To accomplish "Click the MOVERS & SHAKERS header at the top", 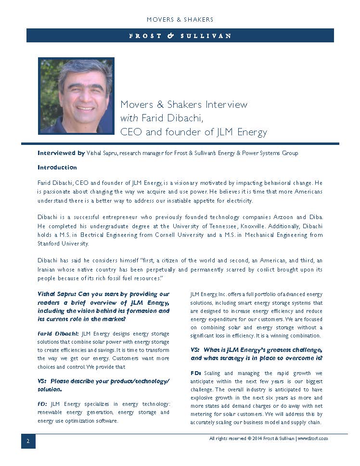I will point(180,20).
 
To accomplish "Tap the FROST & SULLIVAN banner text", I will point(180,36).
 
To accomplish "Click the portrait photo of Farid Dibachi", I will point(76,96).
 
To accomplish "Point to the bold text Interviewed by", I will point(61,153).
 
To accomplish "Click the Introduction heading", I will point(57,168).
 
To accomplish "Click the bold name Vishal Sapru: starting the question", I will point(56,294).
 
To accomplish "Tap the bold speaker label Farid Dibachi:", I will point(58,334).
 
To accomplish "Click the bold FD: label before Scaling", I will point(196,373).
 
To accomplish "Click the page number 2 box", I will point(28,441).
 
